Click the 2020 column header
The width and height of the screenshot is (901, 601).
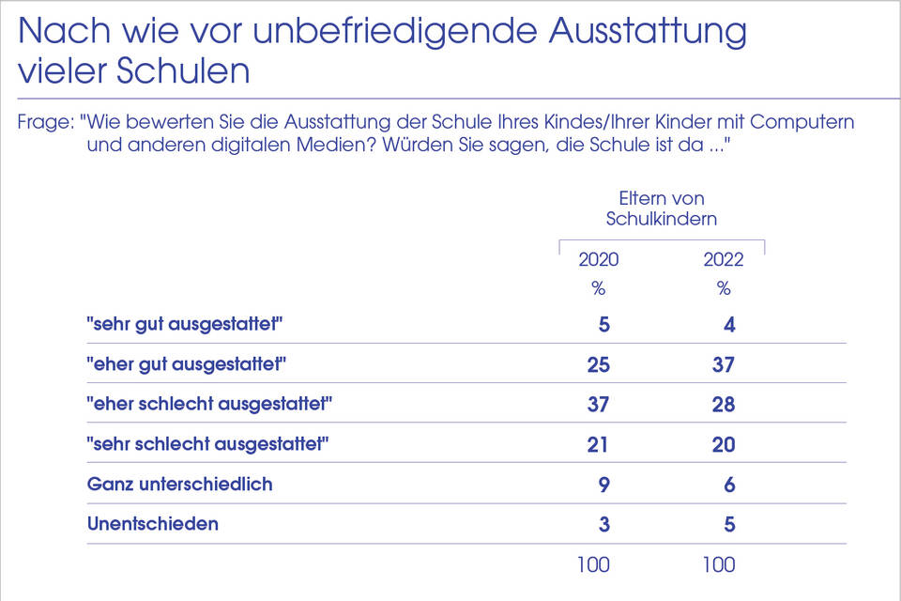[x=598, y=259]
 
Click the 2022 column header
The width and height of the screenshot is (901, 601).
[x=723, y=259]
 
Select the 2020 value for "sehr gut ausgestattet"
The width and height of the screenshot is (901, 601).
[x=603, y=325]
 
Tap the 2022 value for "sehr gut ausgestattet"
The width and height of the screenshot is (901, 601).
[x=729, y=325]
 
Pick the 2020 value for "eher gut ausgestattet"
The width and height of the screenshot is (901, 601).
[x=598, y=364]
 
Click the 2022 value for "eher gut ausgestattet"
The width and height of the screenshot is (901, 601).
[x=723, y=364]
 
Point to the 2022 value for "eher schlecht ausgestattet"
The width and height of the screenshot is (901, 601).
[x=723, y=405]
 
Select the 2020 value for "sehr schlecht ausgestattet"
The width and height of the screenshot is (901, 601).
[x=598, y=444]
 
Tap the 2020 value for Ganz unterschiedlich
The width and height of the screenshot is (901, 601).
[x=603, y=485]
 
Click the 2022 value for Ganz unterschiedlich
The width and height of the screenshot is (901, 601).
[x=729, y=485]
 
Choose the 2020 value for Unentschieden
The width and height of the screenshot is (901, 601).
[x=603, y=524]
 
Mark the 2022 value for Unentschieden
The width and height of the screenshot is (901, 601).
[x=729, y=524]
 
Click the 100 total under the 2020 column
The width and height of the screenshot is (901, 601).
[x=593, y=564]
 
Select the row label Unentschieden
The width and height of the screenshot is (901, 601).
[x=153, y=524]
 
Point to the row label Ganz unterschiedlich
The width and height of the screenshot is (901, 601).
[x=179, y=485]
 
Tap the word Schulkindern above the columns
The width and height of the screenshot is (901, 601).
[x=662, y=219]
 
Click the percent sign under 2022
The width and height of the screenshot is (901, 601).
[x=723, y=288]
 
